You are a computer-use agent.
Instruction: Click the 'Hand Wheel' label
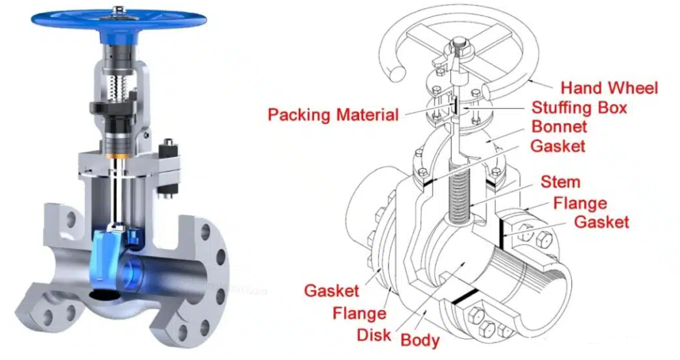click(x=610, y=88)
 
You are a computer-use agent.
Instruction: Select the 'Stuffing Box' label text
click(x=579, y=107)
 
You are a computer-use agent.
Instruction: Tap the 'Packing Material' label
click(x=333, y=115)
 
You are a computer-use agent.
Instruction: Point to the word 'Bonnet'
click(x=559, y=127)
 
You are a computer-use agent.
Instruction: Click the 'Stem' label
click(x=560, y=182)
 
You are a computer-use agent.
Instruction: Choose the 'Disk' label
click(x=374, y=335)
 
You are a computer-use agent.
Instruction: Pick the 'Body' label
click(x=420, y=340)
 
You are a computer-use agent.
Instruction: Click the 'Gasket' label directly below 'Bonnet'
click(x=558, y=146)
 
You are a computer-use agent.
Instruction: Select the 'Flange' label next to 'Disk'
click(x=360, y=313)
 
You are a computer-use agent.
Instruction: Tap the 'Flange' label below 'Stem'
click(x=580, y=203)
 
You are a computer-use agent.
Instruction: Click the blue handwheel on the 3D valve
click(x=119, y=21)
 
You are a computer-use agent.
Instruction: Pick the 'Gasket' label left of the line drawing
click(x=332, y=291)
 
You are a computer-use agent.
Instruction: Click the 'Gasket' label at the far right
click(x=601, y=222)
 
